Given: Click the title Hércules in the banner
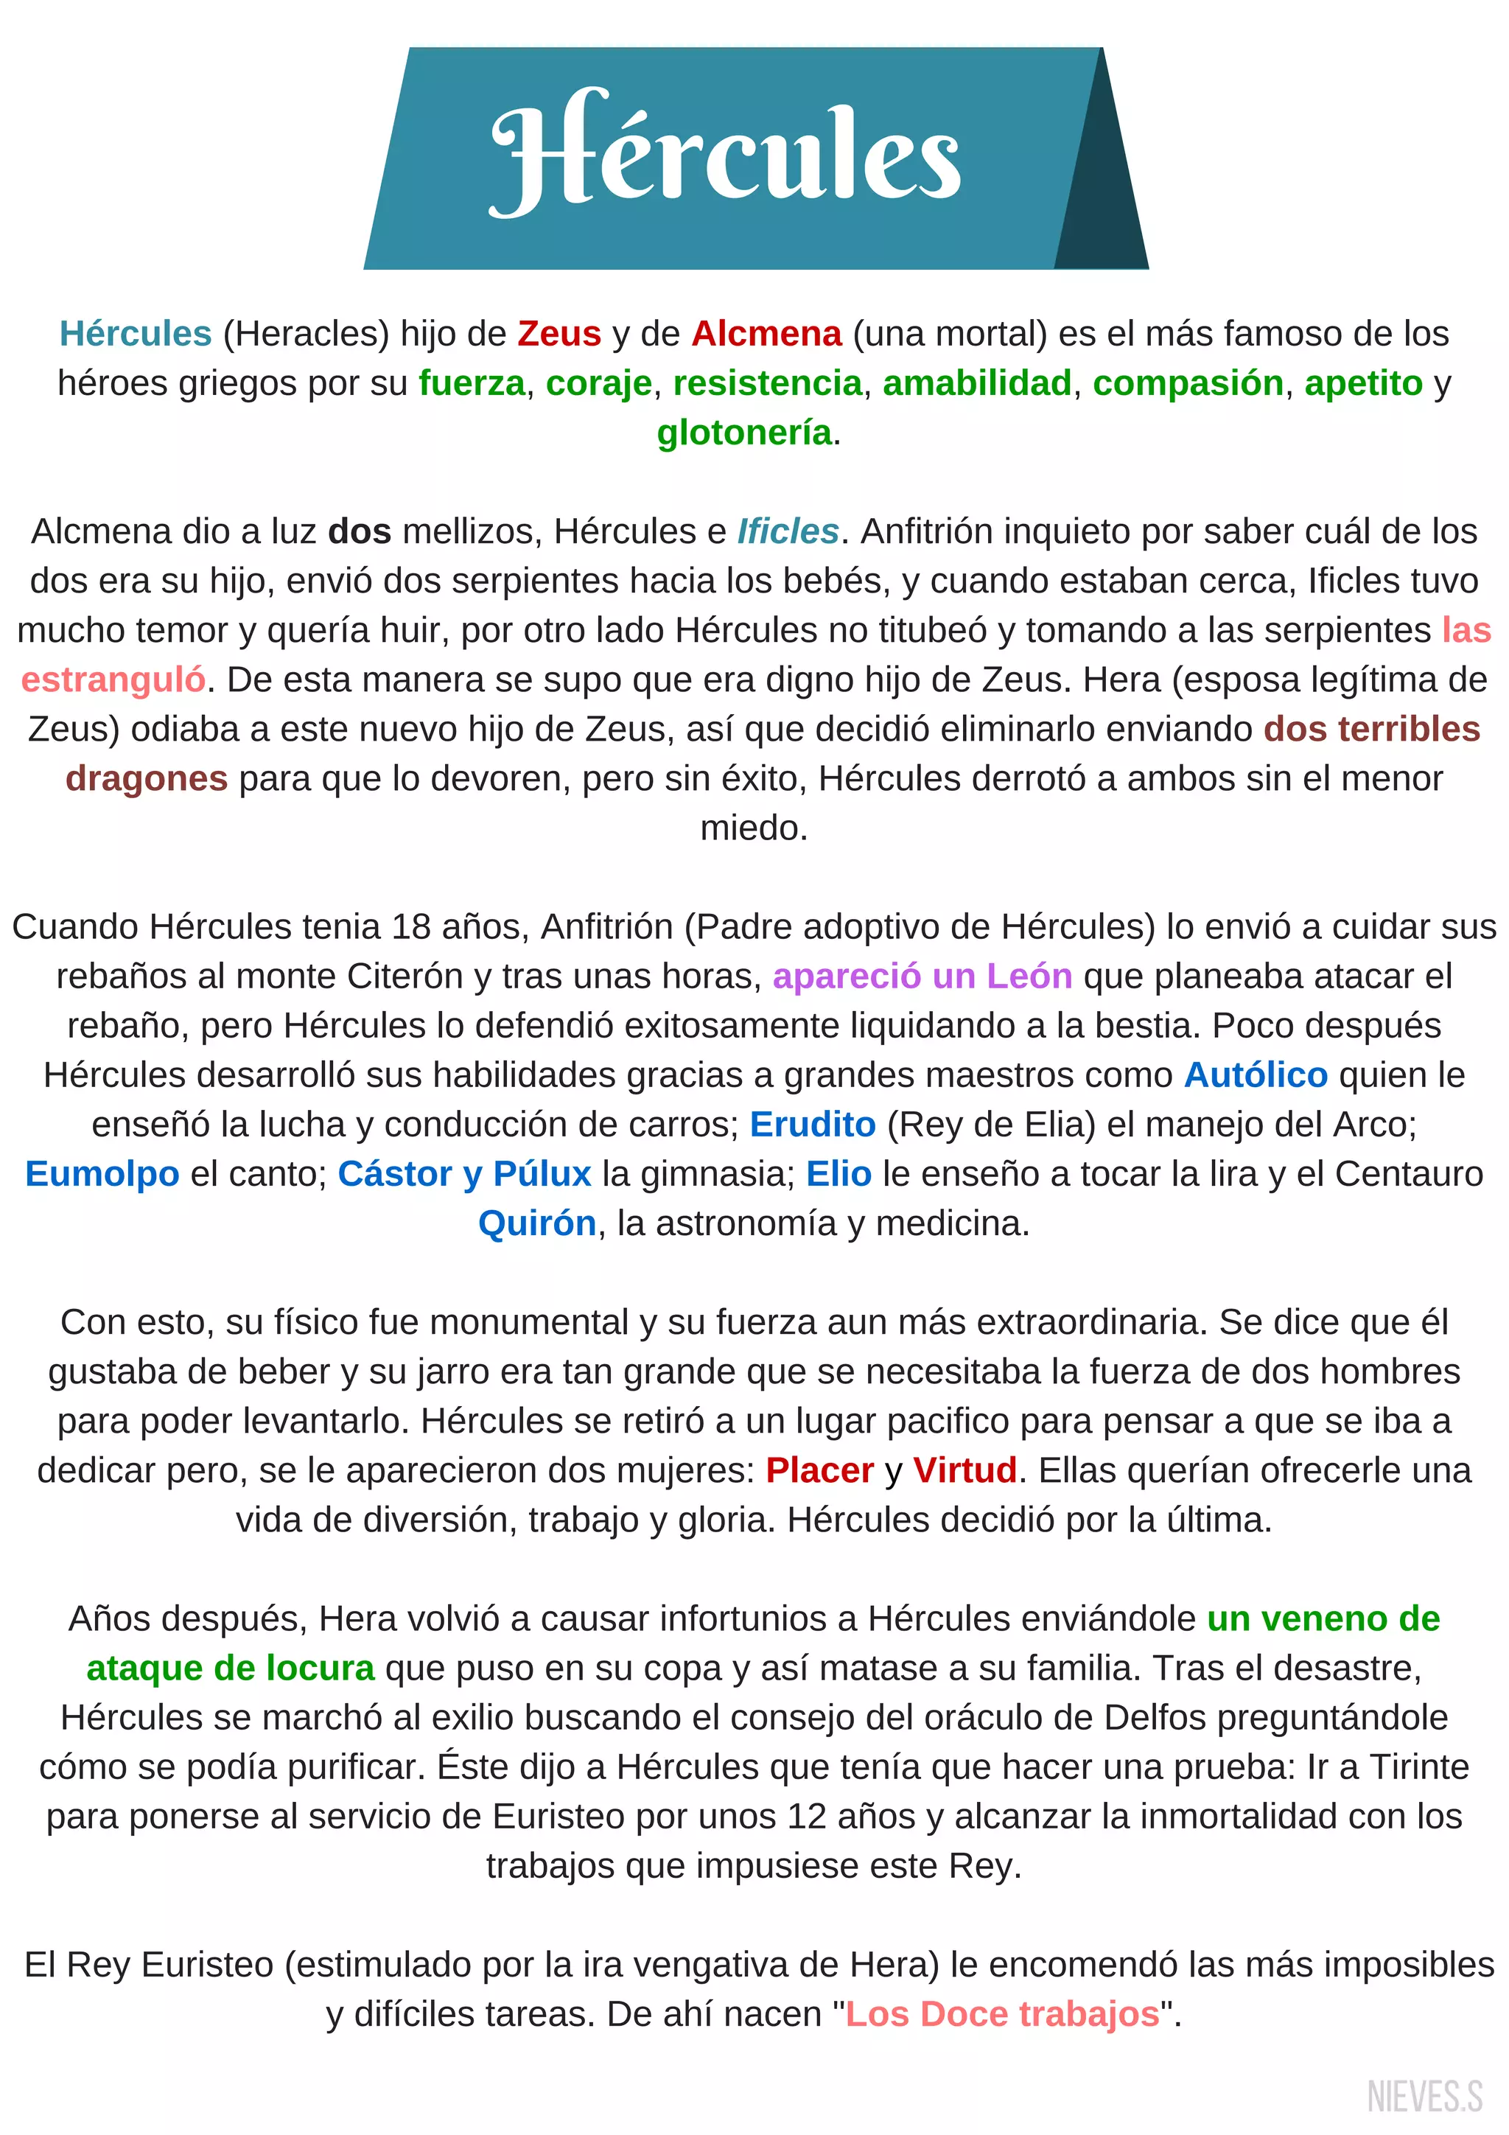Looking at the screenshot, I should [725, 153].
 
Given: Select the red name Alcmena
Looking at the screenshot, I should [766, 333].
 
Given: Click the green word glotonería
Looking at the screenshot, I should [743, 433].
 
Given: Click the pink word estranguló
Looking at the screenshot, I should [113, 679].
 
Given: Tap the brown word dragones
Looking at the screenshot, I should [146, 778].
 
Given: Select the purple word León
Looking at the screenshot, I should [1029, 976].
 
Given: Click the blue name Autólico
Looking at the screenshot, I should [1256, 1075].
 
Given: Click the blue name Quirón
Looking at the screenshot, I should [536, 1223].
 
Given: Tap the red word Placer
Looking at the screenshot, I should [819, 1470].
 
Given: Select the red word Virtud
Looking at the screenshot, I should [964, 1470].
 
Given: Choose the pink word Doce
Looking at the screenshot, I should [964, 2013].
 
